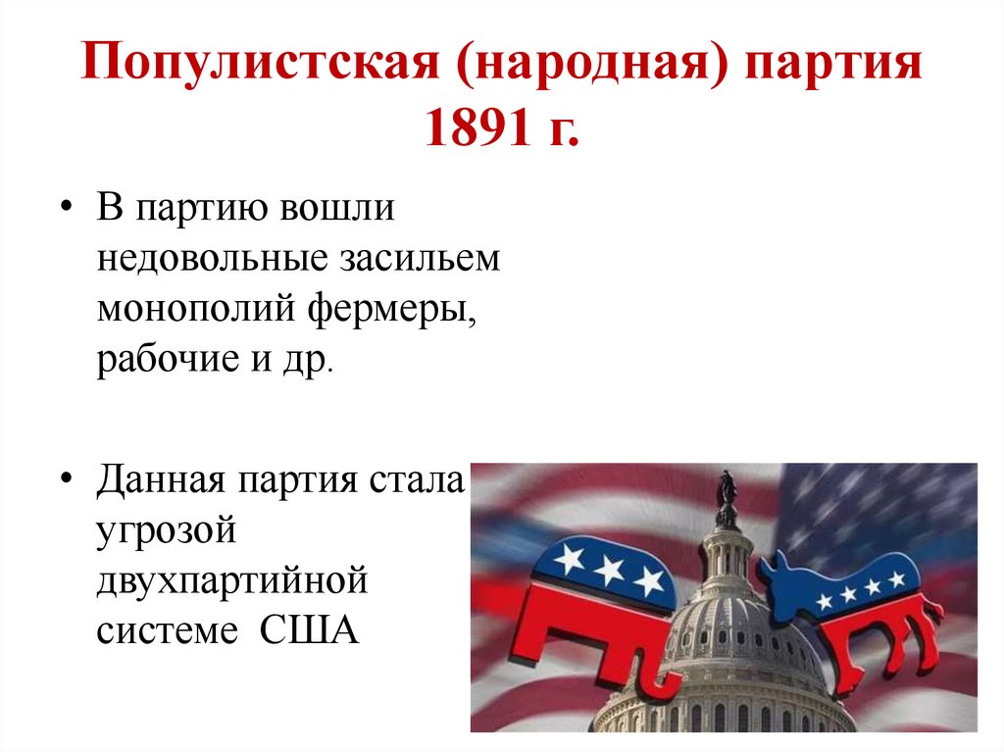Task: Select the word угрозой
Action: [x=168, y=533]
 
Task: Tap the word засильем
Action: [x=422, y=259]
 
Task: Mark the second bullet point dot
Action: [x=67, y=482]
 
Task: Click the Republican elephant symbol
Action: [x=598, y=608]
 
